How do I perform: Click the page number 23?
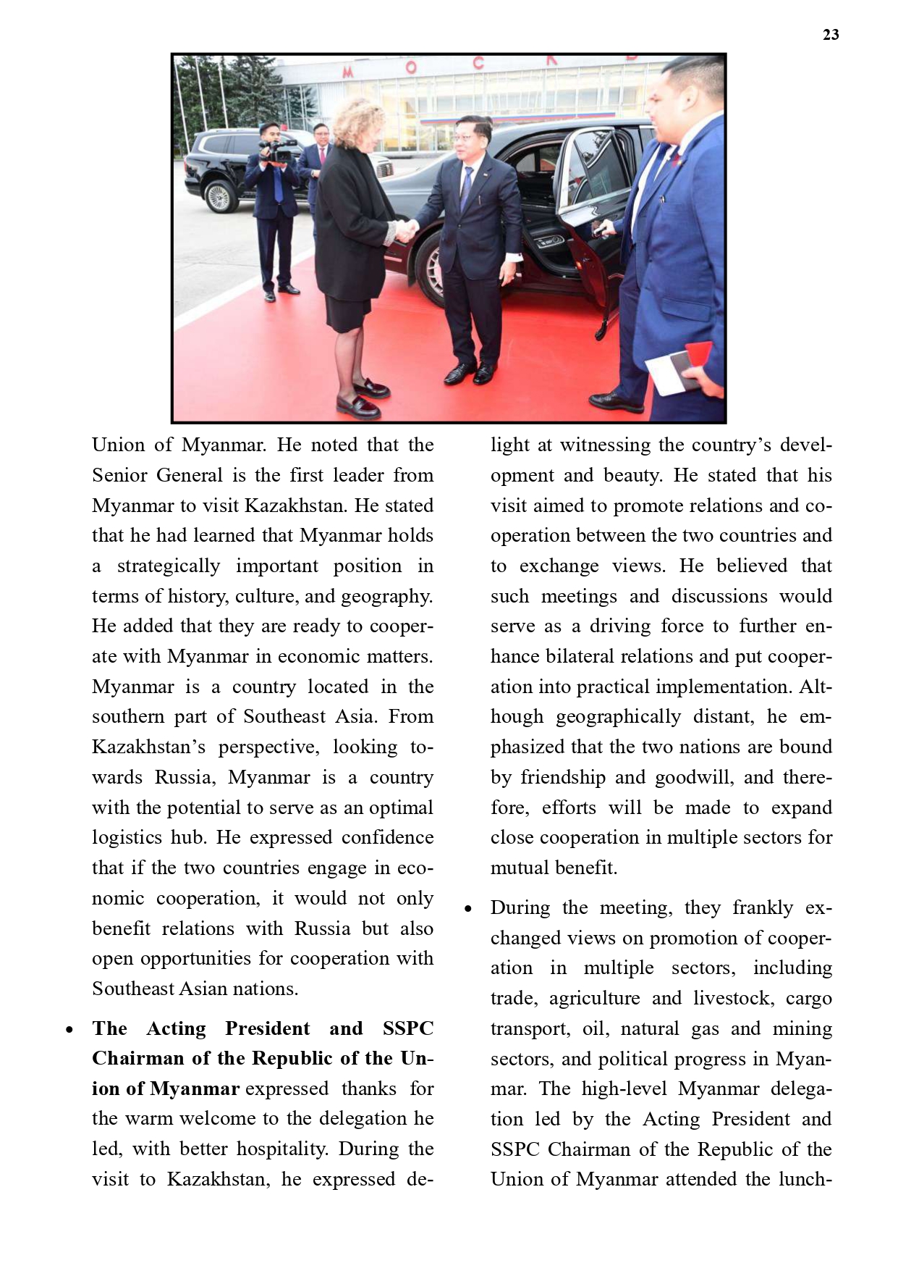tap(831, 35)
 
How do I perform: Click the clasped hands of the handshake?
tap(406, 230)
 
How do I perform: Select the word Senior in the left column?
tap(121, 475)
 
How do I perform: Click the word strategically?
tap(169, 566)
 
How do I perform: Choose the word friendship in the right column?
tap(563, 777)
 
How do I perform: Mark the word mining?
tap(802, 1028)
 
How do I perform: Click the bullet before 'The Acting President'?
tap(69, 1030)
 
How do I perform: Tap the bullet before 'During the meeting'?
tap(468, 909)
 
